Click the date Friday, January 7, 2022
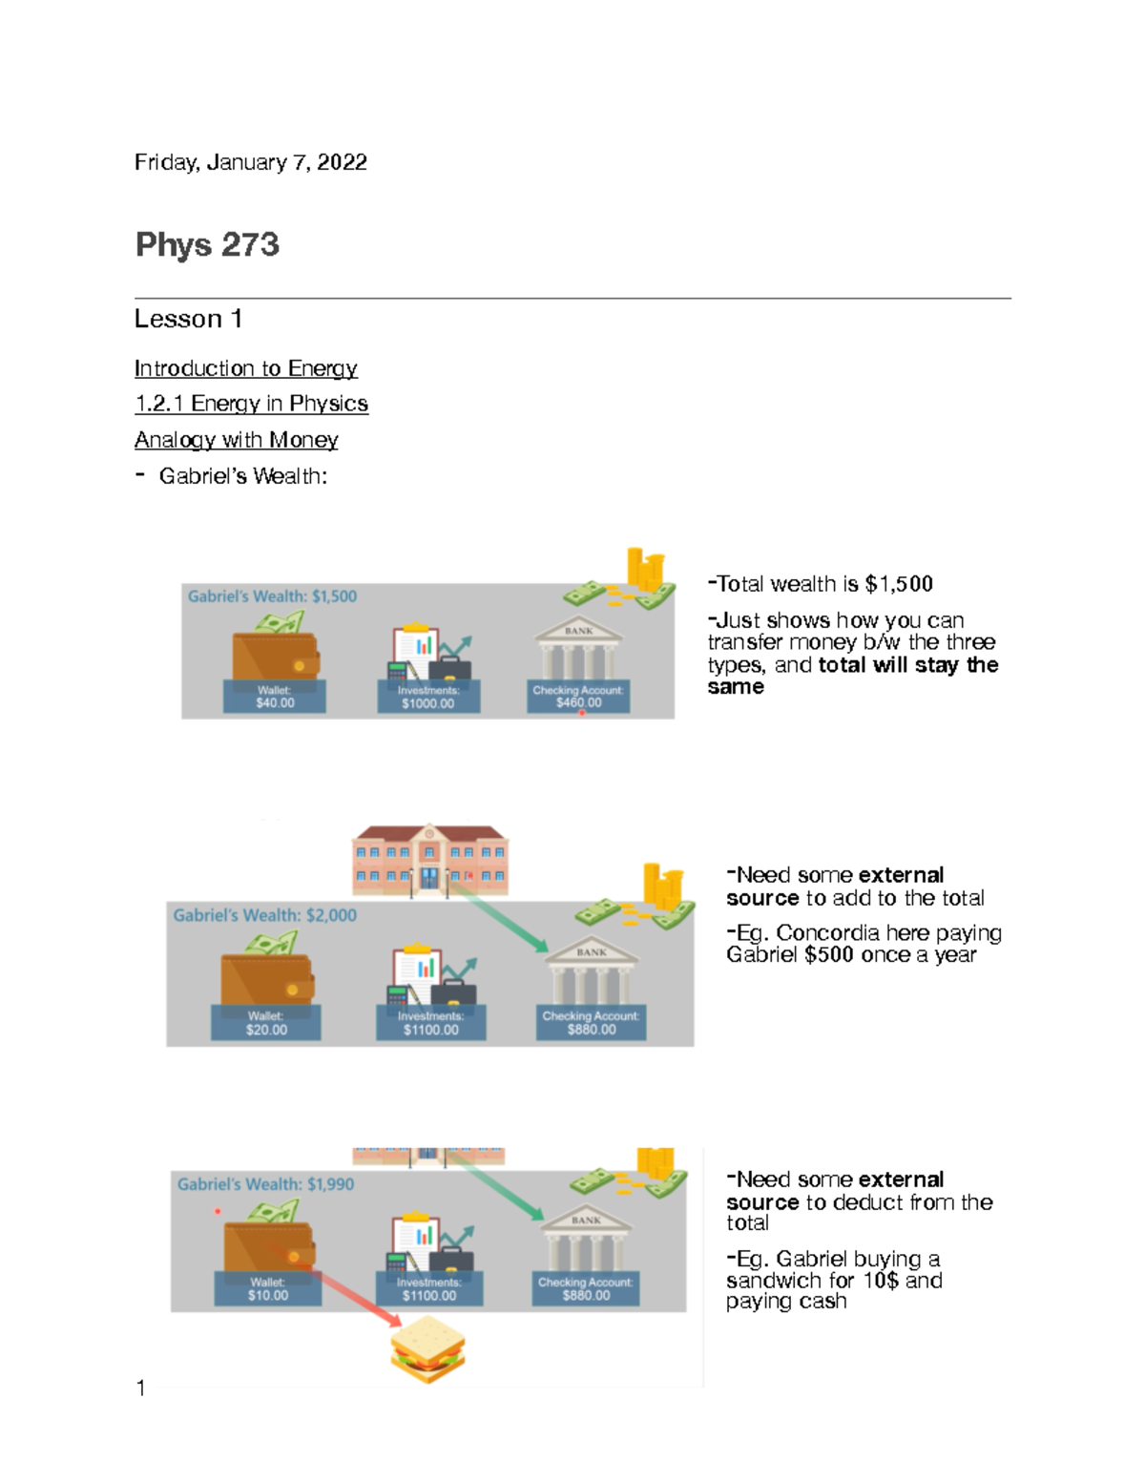pyautogui.click(x=250, y=162)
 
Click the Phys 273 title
pyautogui.click(x=207, y=244)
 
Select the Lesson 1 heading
pyautogui.click(x=188, y=319)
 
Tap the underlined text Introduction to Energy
pyautogui.click(x=245, y=368)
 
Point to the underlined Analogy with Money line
pyautogui.click(x=236, y=440)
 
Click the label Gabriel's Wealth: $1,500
pyautogui.click(x=272, y=596)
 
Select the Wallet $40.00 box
pyautogui.click(x=275, y=697)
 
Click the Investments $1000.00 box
pyautogui.click(x=428, y=697)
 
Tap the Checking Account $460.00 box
pyautogui.click(x=578, y=697)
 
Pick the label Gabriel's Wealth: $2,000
pyautogui.click(x=264, y=915)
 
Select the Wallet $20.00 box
pyautogui.click(x=266, y=1023)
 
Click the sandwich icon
pyautogui.click(x=427, y=1349)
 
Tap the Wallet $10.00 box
pyautogui.click(x=268, y=1289)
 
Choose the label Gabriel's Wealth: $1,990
pyautogui.click(x=265, y=1184)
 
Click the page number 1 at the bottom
pyautogui.click(x=141, y=1388)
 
